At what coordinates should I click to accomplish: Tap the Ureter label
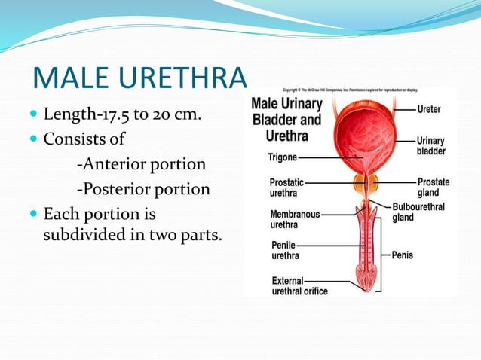pyautogui.click(x=430, y=109)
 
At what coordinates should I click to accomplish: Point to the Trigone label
pyautogui.click(x=282, y=158)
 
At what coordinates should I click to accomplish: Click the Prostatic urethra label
pyautogui.click(x=287, y=188)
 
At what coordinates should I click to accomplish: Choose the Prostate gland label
pyautogui.click(x=434, y=187)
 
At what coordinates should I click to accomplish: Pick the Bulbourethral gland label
pyautogui.click(x=418, y=212)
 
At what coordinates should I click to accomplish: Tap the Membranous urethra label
pyautogui.click(x=295, y=219)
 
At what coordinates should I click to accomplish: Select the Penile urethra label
pyautogui.click(x=284, y=251)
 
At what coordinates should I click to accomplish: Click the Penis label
pyautogui.click(x=403, y=255)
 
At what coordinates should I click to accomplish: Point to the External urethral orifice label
pyautogui.click(x=299, y=286)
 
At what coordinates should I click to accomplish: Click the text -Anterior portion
pyautogui.click(x=141, y=163)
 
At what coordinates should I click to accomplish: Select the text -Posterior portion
pyautogui.click(x=143, y=188)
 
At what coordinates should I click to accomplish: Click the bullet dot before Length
pyautogui.click(x=33, y=116)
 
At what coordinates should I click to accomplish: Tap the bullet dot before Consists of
pyautogui.click(x=33, y=140)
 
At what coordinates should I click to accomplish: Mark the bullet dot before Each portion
pyautogui.click(x=33, y=215)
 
